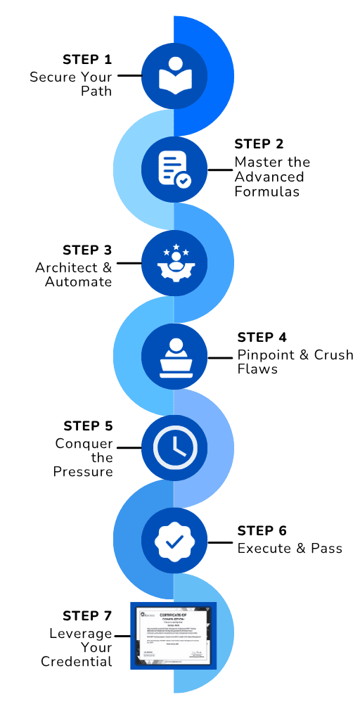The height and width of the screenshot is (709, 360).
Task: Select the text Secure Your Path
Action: [x=70, y=83]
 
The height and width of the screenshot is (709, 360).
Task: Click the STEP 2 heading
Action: [x=259, y=144]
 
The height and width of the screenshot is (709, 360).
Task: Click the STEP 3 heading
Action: [x=87, y=250]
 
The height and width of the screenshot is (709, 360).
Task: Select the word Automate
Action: [x=79, y=282]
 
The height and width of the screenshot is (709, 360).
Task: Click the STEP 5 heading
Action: [x=88, y=426]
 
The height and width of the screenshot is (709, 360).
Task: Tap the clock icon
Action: [x=174, y=447]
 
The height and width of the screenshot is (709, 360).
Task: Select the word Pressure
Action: [x=83, y=472]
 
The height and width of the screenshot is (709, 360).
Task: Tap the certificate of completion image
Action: [x=173, y=635]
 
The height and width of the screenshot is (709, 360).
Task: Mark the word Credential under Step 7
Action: [x=77, y=661]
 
